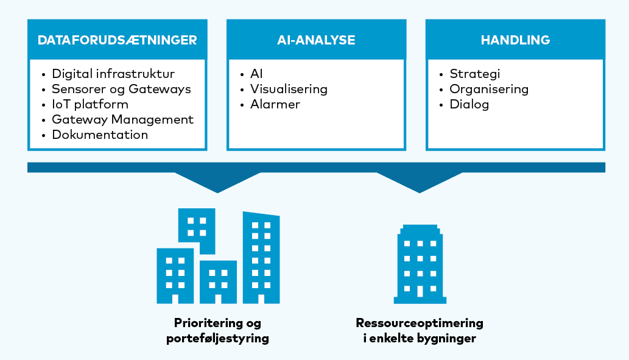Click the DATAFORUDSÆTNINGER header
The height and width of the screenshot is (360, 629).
pos(117,40)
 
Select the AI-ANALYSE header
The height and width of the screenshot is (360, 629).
pos(316,40)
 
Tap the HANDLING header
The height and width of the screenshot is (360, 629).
pos(515,40)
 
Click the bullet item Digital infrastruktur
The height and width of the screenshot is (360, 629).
pos(113,74)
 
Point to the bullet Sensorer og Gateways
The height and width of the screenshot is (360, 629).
pos(121,89)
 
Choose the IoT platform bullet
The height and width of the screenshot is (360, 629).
pos(90,104)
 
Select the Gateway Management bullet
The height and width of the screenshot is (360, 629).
pos(122,119)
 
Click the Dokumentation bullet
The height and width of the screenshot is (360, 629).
pos(100,135)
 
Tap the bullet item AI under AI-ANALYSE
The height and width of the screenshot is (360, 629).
pos(256,74)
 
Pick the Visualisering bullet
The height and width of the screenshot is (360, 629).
pos(289,89)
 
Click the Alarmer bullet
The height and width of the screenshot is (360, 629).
pos(275,104)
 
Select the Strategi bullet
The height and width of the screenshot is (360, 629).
pos(475,74)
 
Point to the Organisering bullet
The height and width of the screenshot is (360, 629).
pos(489,89)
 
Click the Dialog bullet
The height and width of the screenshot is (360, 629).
pos(469,104)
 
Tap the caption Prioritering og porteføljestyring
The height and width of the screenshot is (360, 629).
pos(217,330)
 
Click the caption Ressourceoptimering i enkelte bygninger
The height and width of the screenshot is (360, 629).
pos(420,330)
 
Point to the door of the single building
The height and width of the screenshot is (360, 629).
pos(420,291)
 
